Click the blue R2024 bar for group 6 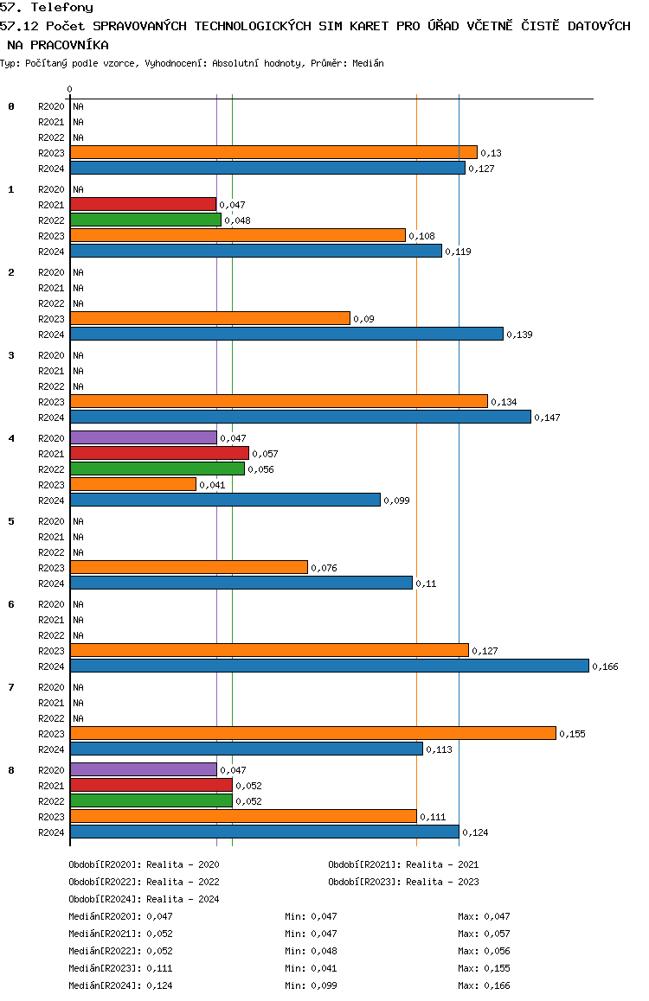[330, 666]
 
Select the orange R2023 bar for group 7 [313, 734]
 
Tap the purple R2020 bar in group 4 [144, 438]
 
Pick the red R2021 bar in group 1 [143, 204]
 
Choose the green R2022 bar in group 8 [151, 800]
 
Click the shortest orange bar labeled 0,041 [133, 485]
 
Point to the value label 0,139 [519, 335]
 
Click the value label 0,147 [548, 418]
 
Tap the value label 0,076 [324, 568]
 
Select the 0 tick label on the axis [69, 89]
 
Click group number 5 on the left [11, 521]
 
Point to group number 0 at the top [11, 106]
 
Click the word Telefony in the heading [62, 8]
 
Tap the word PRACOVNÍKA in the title [69, 45]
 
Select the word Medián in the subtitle [368, 63]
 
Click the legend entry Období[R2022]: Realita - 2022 [144, 882]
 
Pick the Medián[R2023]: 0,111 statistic [121, 968]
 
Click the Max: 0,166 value [485, 985]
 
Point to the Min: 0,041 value [311, 968]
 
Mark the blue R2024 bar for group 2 [286, 334]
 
